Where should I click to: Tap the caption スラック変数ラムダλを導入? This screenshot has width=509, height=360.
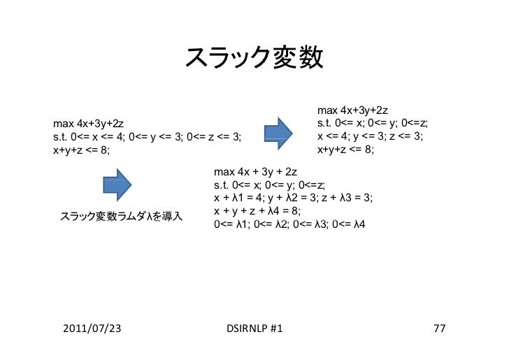tap(121, 216)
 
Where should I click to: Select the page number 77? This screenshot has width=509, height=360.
tap(439, 328)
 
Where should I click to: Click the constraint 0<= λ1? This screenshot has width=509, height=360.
tap(231, 224)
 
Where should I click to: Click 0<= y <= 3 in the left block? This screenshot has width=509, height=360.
tap(155, 137)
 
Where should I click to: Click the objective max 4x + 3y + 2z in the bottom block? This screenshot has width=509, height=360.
tap(256, 171)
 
